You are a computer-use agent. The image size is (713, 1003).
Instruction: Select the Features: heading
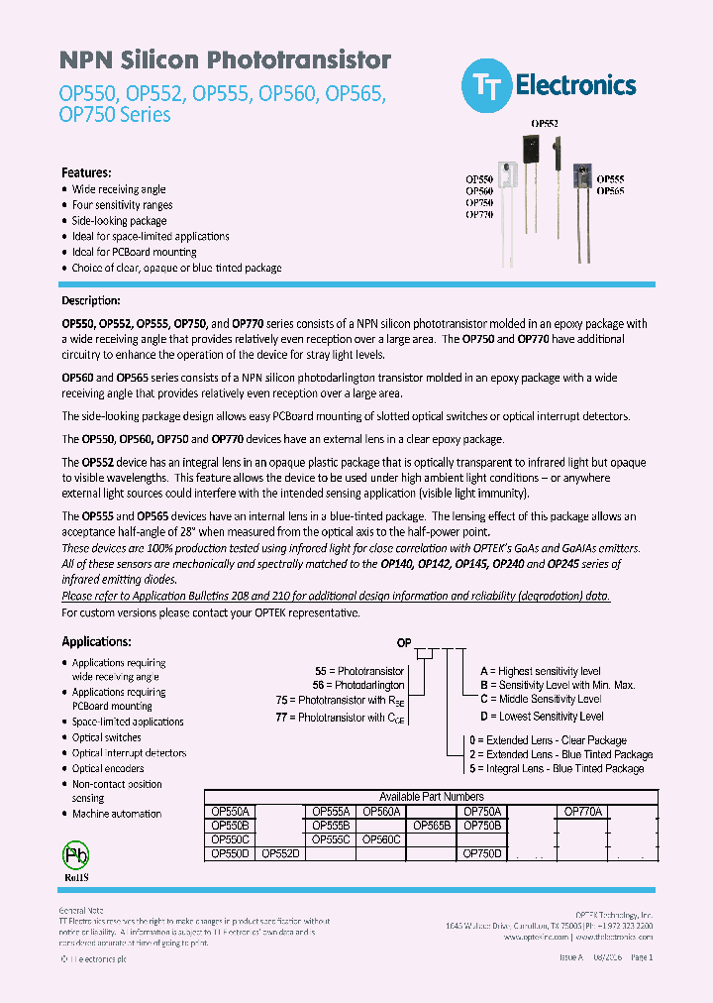(87, 171)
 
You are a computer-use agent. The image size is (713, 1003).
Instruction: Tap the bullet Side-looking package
(119, 221)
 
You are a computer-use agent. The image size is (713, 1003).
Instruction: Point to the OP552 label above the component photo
(545, 124)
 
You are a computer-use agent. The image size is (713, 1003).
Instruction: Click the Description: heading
(91, 300)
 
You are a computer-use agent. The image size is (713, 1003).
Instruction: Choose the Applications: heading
(96, 642)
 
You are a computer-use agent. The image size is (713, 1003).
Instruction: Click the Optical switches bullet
(106, 737)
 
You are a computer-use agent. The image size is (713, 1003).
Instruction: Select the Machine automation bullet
(116, 814)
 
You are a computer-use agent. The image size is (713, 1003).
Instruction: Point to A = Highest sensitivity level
(540, 671)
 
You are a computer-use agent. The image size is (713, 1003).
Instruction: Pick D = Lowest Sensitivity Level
(542, 716)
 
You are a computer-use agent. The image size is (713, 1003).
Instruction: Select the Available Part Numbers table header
(432, 796)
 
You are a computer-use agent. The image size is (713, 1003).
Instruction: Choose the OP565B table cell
(432, 825)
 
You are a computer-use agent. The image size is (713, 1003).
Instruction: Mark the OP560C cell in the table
(381, 838)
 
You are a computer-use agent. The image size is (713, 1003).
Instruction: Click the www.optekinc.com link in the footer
(536, 936)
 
